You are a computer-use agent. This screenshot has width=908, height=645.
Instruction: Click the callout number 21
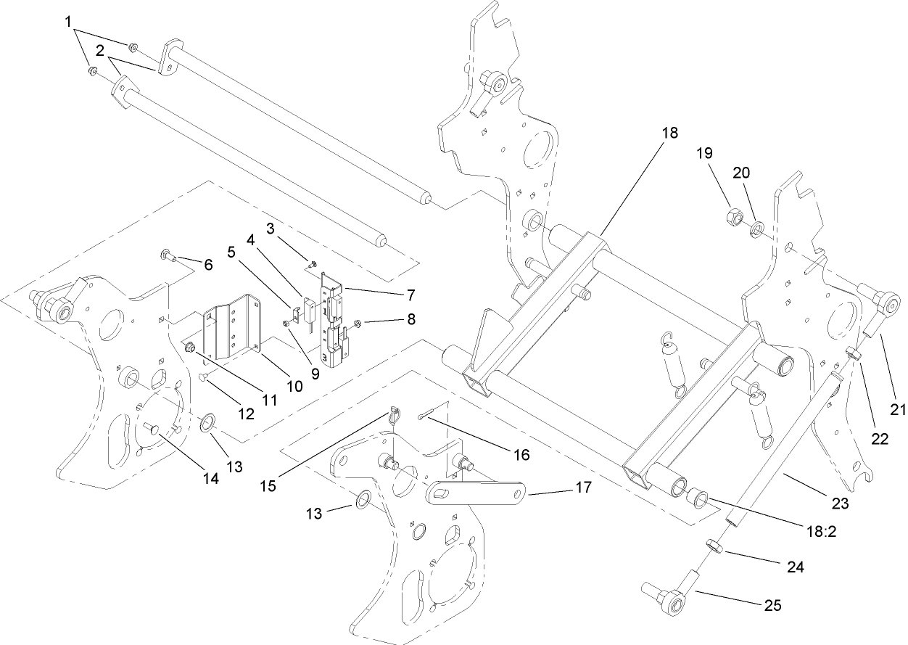899,410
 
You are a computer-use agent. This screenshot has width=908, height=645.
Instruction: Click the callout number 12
247,414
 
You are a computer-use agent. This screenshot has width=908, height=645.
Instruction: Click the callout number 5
231,252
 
